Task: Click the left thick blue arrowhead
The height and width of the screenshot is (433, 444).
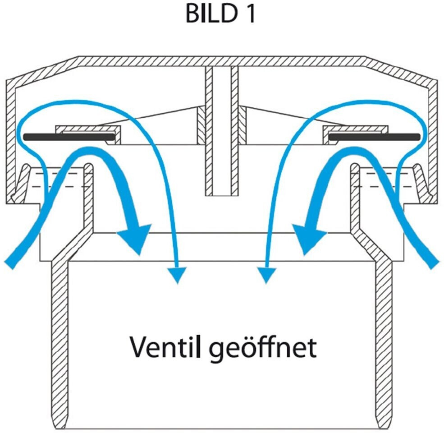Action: click(135, 239)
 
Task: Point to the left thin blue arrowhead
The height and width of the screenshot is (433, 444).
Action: click(178, 275)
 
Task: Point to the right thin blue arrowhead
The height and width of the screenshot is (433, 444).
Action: click(266, 275)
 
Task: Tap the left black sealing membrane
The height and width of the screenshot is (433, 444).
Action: click(68, 136)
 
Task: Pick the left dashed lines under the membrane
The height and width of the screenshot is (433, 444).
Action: click(68, 180)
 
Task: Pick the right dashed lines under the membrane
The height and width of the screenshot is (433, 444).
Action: click(376, 180)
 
